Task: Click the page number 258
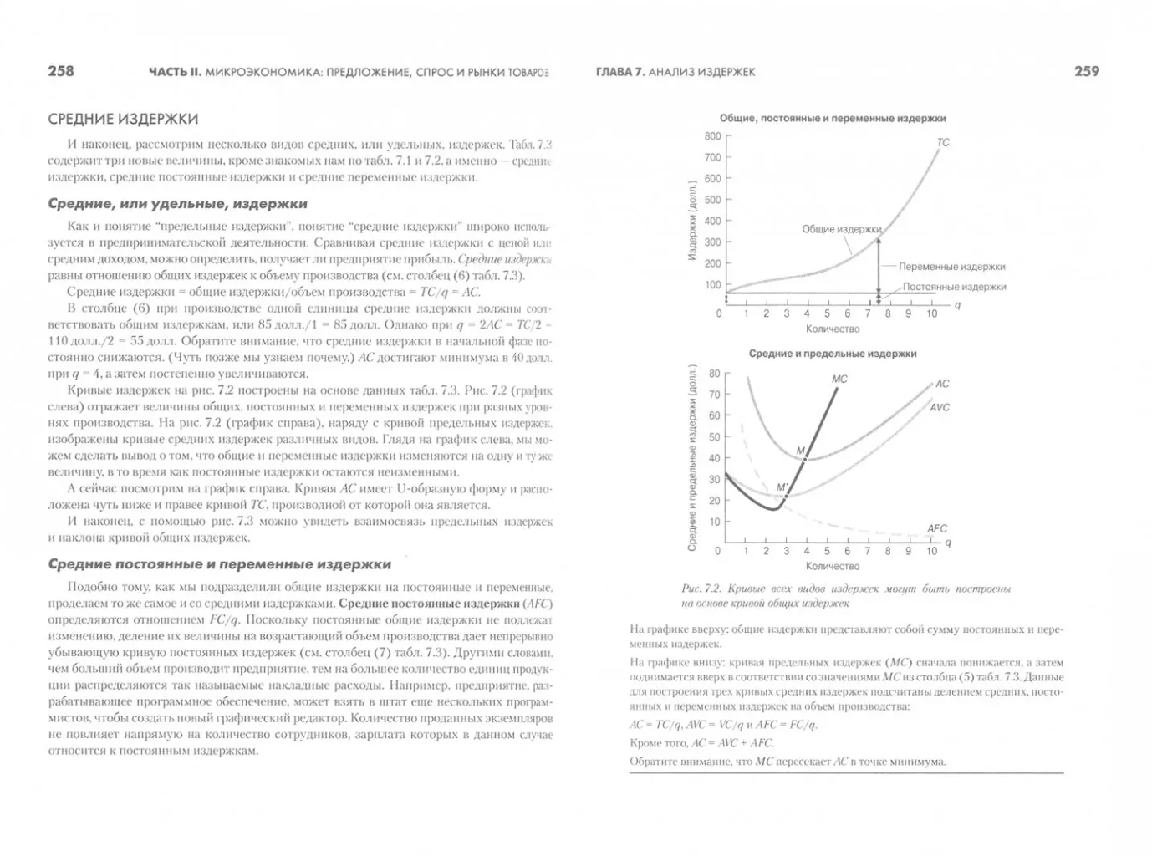61,71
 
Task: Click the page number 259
1086,72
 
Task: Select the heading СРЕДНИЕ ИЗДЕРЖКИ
123,119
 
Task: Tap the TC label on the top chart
943,143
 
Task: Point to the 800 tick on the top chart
712,136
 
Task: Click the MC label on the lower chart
839,379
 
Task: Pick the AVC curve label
940,407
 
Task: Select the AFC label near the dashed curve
937,528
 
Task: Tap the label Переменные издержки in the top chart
952,267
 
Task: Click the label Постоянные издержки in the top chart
954,287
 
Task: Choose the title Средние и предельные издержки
832,354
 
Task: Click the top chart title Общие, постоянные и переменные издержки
833,119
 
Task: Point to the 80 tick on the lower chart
714,374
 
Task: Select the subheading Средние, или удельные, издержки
177,203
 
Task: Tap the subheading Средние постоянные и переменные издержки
219,564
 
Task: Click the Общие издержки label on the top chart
841,229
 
